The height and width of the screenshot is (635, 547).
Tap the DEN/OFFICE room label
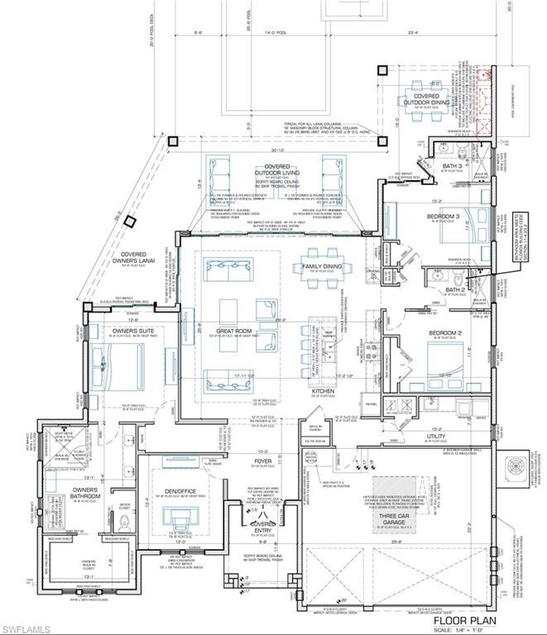click(180, 492)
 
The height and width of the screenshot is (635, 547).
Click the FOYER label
click(263, 461)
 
